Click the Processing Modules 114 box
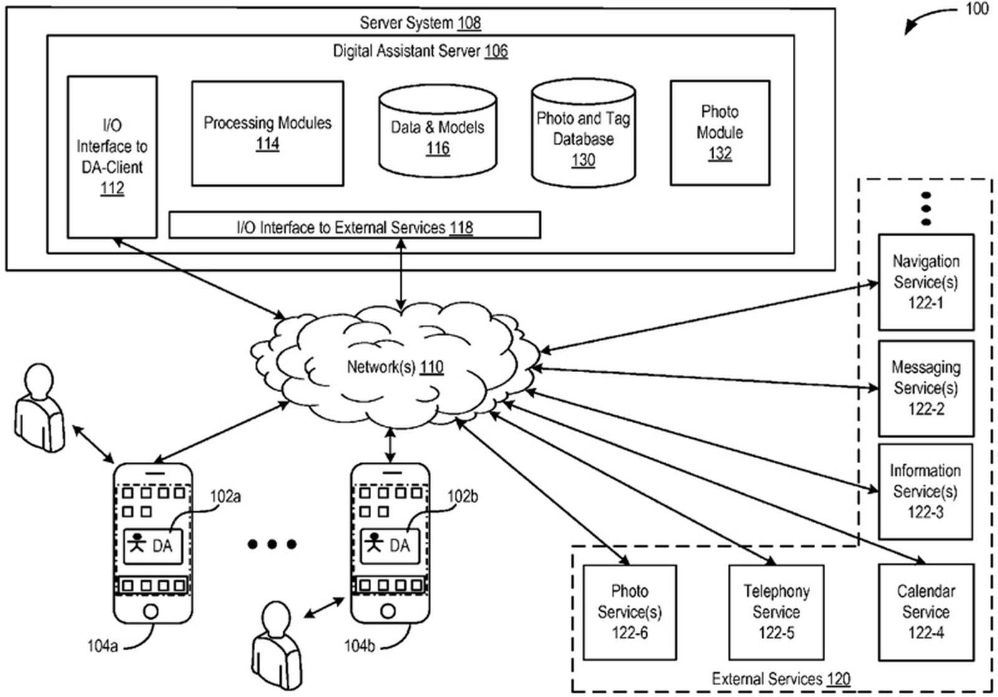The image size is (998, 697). [267, 133]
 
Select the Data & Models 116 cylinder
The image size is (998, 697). [437, 134]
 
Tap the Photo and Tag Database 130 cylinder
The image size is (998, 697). [583, 137]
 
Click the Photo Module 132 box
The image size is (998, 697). [719, 132]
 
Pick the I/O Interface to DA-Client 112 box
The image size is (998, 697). [112, 156]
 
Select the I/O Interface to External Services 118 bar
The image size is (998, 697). [354, 226]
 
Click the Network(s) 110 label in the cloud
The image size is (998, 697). [395, 367]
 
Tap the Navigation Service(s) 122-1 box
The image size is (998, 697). [926, 282]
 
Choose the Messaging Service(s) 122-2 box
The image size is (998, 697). [926, 388]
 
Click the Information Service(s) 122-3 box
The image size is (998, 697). [925, 491]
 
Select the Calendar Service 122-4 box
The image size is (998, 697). [926, 612]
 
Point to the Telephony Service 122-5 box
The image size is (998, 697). [776, 612]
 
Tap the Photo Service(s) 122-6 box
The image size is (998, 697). [629, 612]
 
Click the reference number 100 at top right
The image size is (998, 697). [977, 9]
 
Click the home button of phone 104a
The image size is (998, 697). [150, 610]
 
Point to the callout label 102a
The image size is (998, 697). [225, 497]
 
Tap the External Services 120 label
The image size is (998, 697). [781, 678]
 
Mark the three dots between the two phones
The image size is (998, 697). [272, 544]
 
